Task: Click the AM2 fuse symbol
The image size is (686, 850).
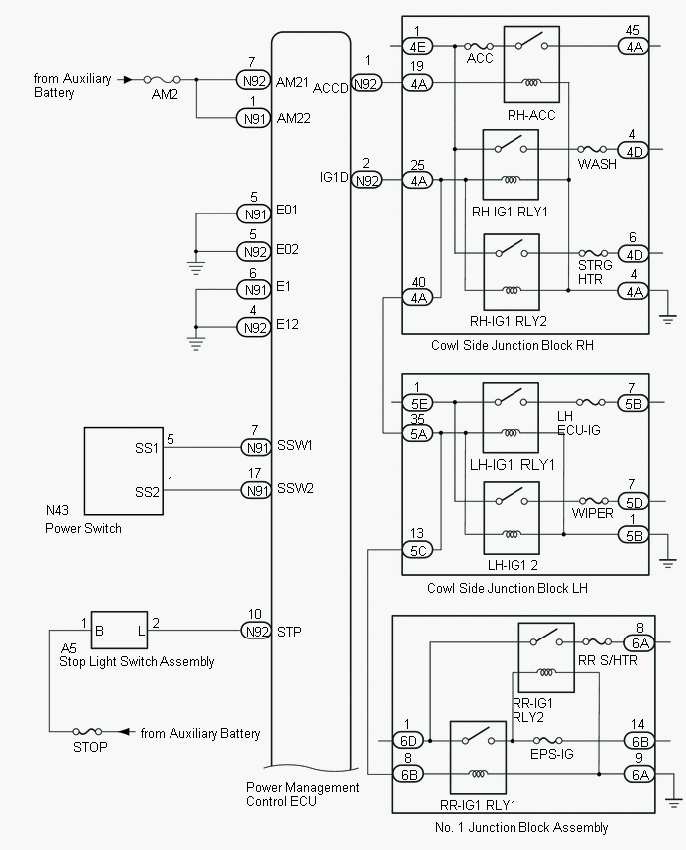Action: pos(159,79)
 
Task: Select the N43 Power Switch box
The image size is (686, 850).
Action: pos(123,470)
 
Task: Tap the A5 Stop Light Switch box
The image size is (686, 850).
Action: pos(119,631)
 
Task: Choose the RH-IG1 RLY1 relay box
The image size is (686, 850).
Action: pos(511,165)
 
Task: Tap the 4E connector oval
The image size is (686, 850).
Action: pos(417,46)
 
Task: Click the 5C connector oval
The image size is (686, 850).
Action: pos(417,549)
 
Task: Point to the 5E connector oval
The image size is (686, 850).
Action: pos(417,404)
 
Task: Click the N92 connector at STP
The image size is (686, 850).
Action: pos(255,631)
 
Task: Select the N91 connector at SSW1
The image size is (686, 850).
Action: pos(255,446)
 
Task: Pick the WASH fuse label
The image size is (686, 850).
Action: pos(597,165)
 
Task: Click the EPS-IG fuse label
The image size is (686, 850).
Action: pos(551,755)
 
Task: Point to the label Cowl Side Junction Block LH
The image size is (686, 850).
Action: pos(507,588)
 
